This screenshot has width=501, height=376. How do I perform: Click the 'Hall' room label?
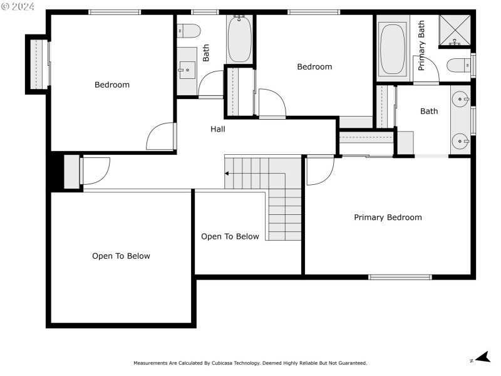(x=218, y=129)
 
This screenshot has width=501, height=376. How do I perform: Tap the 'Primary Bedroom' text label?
(x=388, y=217)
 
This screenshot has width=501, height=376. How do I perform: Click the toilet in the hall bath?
(x=188, y=30)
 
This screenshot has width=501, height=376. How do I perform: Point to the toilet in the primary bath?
(x=459, y=65)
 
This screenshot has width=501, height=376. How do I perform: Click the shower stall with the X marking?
(x=455, y=31)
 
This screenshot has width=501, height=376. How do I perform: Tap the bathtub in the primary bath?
(x=393, y=49)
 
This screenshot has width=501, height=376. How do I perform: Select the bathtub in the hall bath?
(x=239, y=39)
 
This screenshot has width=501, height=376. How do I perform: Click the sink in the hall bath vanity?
(x=187, y=68)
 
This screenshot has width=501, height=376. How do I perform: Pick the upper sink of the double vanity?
(x=462, y=99)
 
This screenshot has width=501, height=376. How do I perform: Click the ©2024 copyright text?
(x=18, y=6)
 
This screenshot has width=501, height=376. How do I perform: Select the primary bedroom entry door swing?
(x=319, y=170)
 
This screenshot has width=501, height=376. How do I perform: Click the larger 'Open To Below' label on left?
(x=121, y=256)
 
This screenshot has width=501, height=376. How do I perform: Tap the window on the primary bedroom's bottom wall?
(x=400, y=276)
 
